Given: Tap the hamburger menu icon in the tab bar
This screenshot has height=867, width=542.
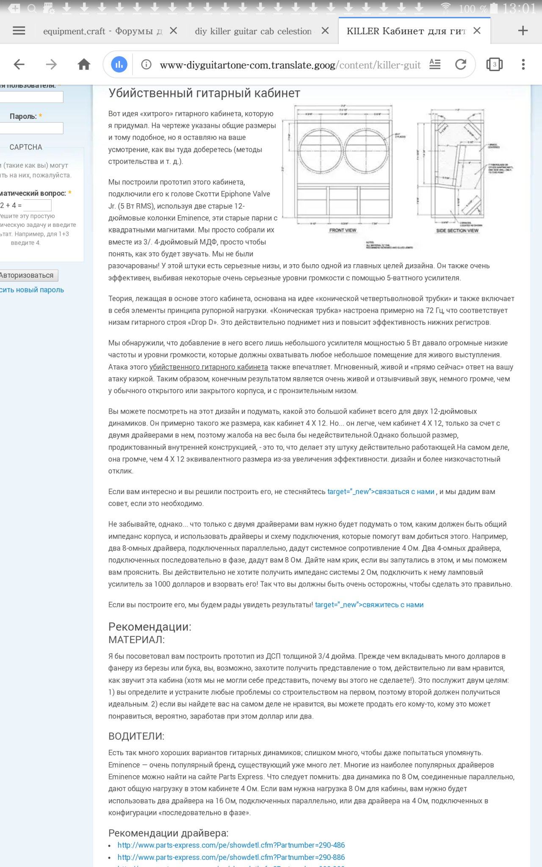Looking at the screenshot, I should [19, 30].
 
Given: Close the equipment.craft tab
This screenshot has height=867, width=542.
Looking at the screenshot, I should [173, 30].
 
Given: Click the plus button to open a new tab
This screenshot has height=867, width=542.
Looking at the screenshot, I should [523, 30].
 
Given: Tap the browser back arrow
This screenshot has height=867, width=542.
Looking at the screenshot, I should [19, 64].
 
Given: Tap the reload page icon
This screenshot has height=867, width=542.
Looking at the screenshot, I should [461, 64].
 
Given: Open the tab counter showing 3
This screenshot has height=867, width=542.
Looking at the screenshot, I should [494, 64].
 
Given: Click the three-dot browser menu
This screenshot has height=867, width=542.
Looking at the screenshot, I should [523, 64].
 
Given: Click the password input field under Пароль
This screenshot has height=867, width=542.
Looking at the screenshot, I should [32, 128].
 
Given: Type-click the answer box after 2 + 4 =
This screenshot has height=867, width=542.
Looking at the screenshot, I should [37, 205].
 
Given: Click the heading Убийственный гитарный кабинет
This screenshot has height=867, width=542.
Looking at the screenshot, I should [204, 93].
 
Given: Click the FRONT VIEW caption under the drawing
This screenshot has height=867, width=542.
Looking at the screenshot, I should [343, 230].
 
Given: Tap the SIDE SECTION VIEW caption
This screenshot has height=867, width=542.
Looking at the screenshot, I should [457, 230].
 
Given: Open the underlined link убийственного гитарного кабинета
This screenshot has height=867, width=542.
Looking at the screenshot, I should [209, 367].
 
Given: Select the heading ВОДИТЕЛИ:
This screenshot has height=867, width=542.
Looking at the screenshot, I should [136, 736].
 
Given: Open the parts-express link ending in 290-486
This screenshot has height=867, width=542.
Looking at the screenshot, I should [231, 845].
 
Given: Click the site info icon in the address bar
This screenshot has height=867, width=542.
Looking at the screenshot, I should [146, 64].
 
